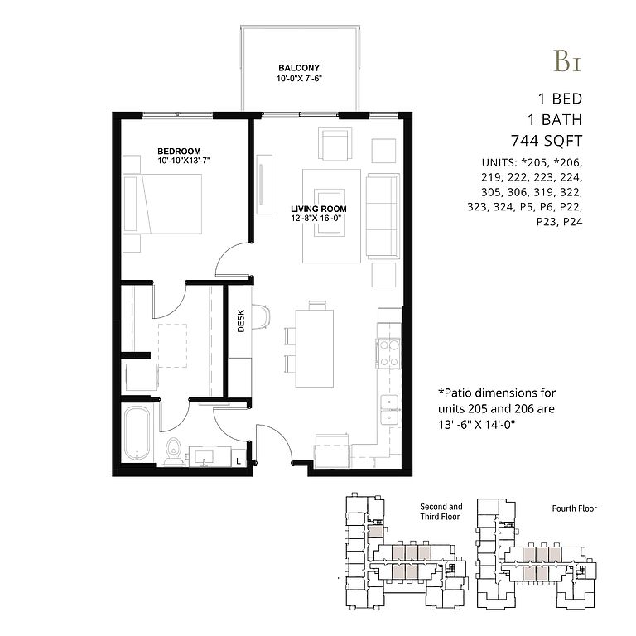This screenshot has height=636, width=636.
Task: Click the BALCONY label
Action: [x=299, y=68]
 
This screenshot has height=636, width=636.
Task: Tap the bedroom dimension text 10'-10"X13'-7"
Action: [x=184, y=161]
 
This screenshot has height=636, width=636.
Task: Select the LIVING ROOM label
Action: [x=319, y=209]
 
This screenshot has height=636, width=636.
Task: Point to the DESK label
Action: [x=241, y=321]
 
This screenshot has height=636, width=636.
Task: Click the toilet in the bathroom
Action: [x=175, y=451]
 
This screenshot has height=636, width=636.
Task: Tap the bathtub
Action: [x=137, y=434]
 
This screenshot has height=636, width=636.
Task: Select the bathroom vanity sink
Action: [x=205, y=457]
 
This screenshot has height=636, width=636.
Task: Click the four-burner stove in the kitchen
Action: [x=389, y=354]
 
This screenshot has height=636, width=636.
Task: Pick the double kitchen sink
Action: [x=389, y=410]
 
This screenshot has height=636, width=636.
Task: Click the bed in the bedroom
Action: [x=162, y=204]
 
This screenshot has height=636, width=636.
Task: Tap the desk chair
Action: [x=261, y=316]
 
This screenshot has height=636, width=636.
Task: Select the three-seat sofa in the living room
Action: [x=383, y=216]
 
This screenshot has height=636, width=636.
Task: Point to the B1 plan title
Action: [x=567, y=60]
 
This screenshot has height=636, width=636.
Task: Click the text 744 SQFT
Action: [x=547, y=141]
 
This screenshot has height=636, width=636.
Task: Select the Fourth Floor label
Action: [x=575, y=508]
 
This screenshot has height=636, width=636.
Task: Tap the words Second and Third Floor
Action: [x=441, y=512]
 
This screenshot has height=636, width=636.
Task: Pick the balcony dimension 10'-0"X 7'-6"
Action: [x=299, y=79]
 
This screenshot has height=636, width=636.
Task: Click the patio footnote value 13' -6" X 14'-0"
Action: [x=477, y=425]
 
